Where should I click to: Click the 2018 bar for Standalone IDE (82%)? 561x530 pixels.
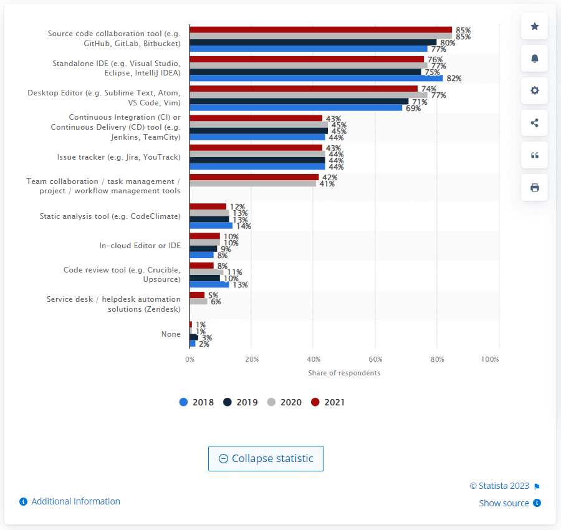point(316,78)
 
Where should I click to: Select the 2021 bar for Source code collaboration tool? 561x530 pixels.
point(320,29)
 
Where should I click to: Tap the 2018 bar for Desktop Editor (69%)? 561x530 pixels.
point(295,108)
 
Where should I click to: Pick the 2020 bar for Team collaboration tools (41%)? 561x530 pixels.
point(252,183)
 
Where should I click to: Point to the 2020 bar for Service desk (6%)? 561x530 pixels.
point(198,301)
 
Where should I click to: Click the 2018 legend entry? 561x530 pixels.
point(196,402)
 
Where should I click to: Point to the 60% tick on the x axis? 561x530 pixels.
point(375,359)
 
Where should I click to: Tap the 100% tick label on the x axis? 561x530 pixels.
point(490,359)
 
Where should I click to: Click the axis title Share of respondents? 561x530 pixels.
point(344,373)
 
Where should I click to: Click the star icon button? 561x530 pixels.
point(534,26)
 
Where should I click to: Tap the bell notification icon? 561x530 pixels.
point(534,59)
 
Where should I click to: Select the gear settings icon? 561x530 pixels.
point(534,90)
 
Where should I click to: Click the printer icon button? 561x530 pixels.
point(534,188)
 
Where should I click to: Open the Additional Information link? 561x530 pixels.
point(75,501)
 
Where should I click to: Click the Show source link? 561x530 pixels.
point(504,503)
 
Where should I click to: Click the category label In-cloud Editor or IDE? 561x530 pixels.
point(140,246)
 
